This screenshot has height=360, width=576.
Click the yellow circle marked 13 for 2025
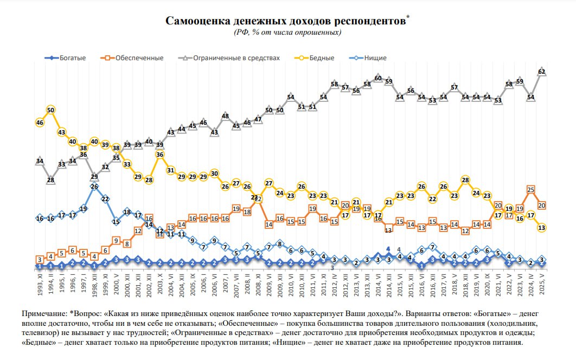click(x=541, y=228)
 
